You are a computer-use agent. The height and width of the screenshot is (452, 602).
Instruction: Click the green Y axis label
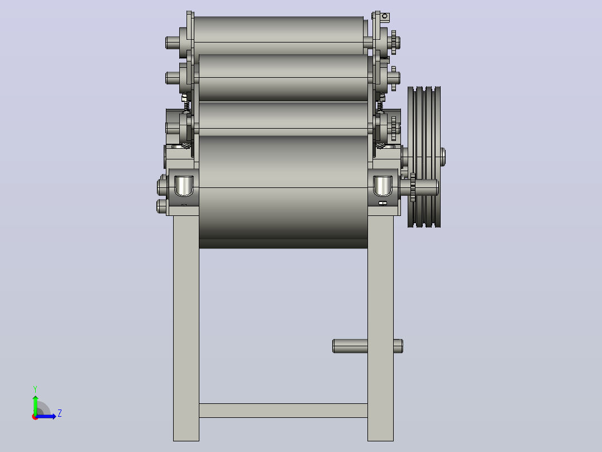[x=35, y=389]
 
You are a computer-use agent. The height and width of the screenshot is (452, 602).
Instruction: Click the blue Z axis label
[x=60, y=413]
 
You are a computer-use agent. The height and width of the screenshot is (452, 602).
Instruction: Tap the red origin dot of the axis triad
[x=35, y=417]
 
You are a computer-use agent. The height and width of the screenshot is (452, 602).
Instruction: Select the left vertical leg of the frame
[x=186, y=328]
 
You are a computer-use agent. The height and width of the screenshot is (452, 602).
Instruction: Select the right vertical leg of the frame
[x=380, y=328]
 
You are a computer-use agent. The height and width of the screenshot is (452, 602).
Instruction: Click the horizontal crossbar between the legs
[x=283, y=411]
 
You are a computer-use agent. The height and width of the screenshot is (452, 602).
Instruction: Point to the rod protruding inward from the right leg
[x=350, y=346]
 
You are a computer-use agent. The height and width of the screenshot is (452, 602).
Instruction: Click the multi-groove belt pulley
[x=424, y=157]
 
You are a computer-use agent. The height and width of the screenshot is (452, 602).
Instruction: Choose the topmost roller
[x=279, y=35]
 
